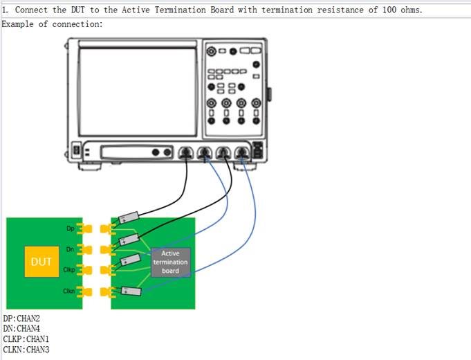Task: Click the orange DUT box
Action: click(41, 262)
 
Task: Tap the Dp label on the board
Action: click(70, 228)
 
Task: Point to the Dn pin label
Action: click(70, 249)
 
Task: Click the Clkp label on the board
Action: click(68, 269)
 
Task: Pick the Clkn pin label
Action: click(68, 291)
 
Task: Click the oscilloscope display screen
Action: click(138, 91)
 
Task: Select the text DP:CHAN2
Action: click(21, 319)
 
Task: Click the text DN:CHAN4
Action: click(21, 330)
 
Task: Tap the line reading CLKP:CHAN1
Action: click(26, 340)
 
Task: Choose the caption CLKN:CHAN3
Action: click(26, 350)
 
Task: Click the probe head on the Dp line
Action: click(129, 218)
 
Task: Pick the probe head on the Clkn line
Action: click(130, 291)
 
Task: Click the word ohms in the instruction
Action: click(412, 10)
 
